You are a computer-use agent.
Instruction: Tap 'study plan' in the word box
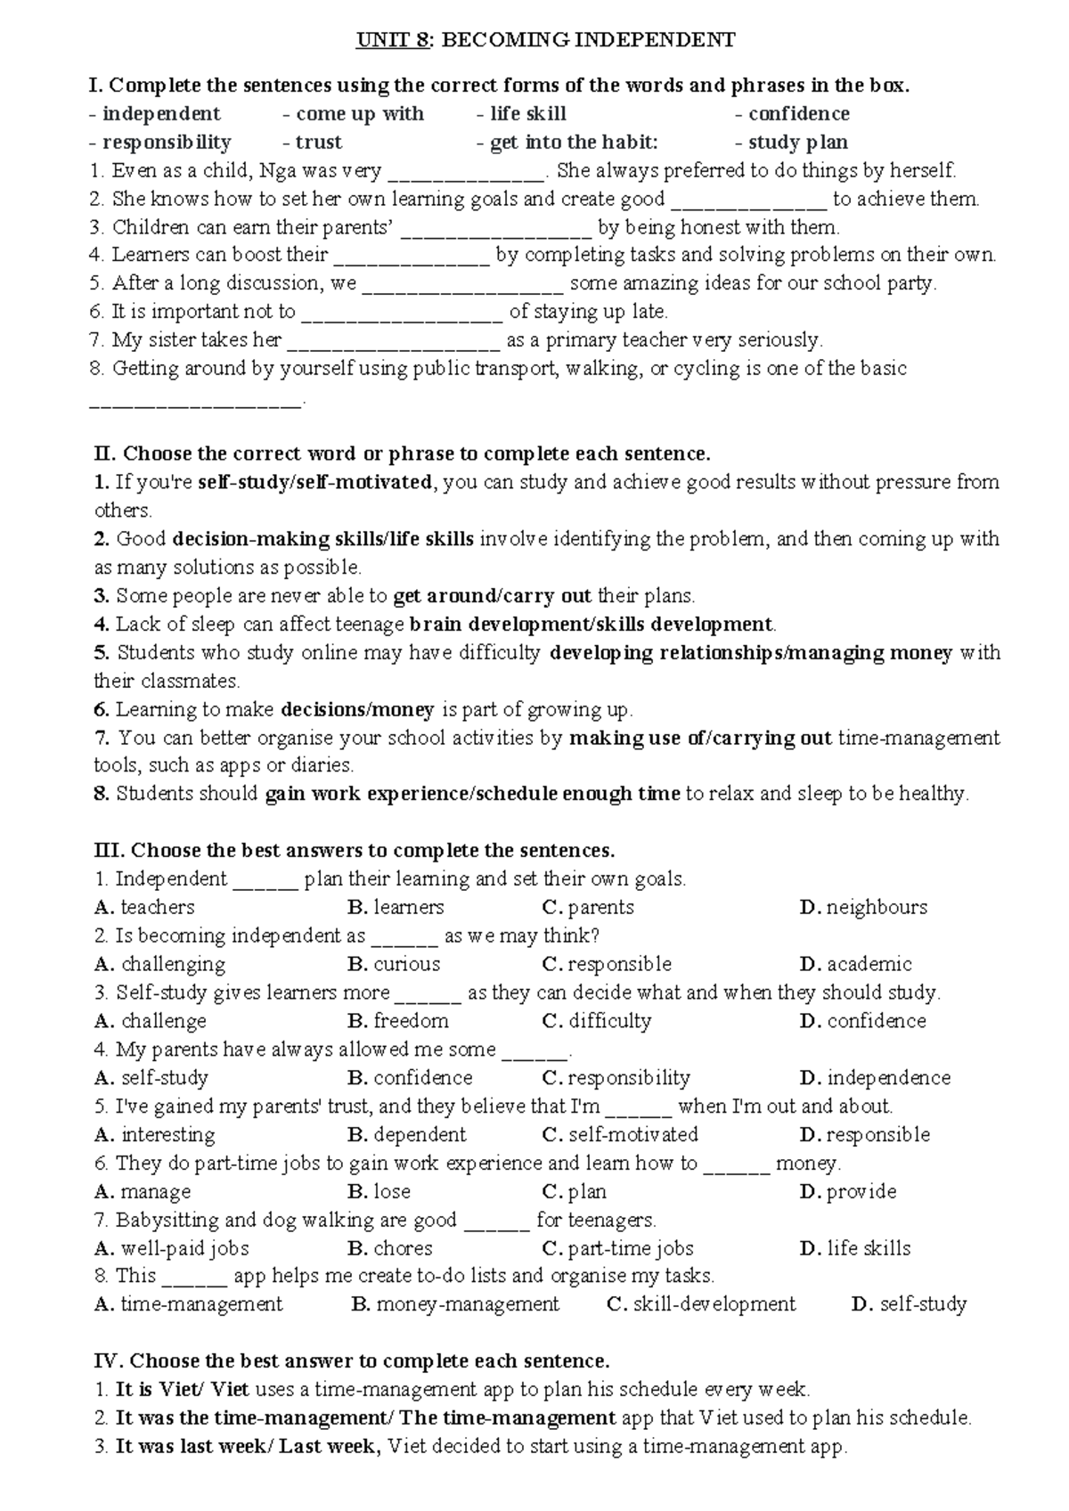click(797, 143)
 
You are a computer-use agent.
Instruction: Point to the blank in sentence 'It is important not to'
click(402, 313)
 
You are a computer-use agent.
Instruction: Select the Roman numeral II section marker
click(104, 454)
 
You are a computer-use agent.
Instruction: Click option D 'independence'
click(888, 1078)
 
